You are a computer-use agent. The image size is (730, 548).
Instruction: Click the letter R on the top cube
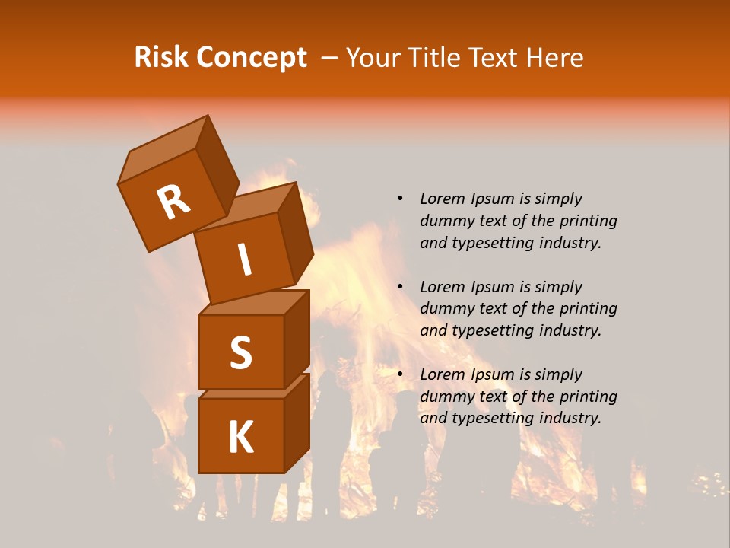173,202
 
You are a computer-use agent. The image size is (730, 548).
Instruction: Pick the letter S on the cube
240,352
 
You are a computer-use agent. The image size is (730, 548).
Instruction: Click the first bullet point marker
400,199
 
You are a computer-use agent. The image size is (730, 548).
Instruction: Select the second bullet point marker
400,287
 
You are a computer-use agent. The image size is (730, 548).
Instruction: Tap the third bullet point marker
400,374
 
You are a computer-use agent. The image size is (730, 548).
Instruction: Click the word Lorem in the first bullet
441,199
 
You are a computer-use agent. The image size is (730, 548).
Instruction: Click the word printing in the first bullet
589,221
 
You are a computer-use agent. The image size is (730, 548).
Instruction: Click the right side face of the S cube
297,339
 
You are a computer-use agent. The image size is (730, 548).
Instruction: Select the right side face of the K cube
297,422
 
